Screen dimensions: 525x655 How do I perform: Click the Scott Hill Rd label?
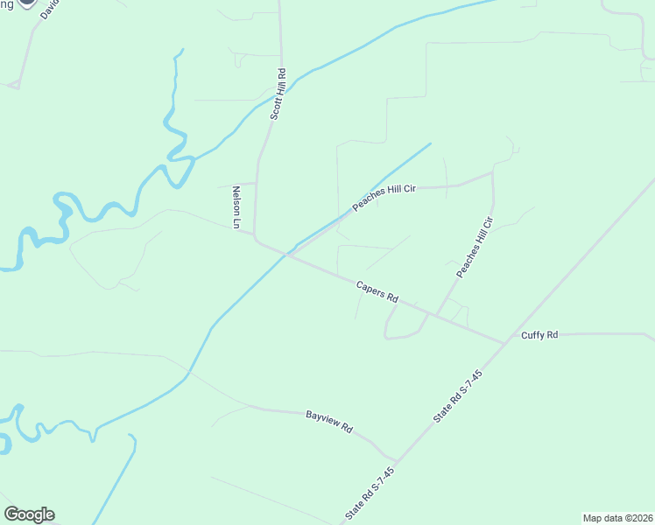(x=278, y=94)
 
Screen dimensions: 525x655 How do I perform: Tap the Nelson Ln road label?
(x=236, y=206)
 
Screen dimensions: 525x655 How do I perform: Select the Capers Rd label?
(x=377, y=291)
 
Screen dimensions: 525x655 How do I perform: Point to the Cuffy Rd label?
(x=539, y=335)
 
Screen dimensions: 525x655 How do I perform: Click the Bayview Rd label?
(x=328, y=422)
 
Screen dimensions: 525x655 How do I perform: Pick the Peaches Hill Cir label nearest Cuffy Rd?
(x=475, y=248)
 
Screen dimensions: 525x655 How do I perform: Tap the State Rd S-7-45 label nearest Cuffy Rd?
(x=458, y=397)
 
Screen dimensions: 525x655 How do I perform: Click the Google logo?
(x=29, y=514)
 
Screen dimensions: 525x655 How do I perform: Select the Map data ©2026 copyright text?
(x=618, y=517)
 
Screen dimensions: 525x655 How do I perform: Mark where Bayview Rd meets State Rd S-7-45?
(x=397, y=460)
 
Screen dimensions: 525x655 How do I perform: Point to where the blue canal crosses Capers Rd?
(x=287, y=255)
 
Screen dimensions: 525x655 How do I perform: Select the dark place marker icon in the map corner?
(x=27, y=3)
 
